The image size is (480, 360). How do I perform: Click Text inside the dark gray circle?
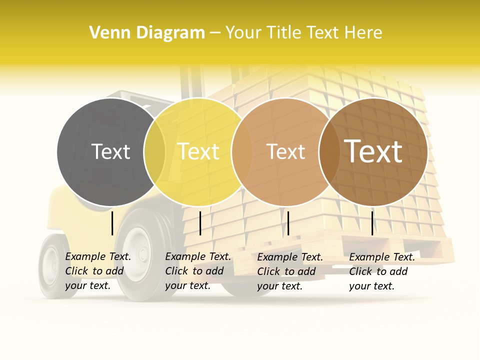(x=110, y=151)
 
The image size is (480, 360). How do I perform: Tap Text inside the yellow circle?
(x=198, y=151)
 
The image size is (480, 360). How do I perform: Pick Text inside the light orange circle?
(x=286, y=151)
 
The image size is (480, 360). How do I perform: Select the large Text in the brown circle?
(x=373, y=151)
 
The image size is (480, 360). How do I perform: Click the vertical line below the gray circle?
(x=112, y=223)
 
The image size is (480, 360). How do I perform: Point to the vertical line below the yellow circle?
(x=200, y=223)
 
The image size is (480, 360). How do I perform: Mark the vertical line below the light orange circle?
(x=288, y=223)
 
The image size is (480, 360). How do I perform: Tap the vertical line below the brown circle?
(x=372, y=223)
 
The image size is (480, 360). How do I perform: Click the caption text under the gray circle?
(x=98, y=271)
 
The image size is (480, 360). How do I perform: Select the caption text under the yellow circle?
(x=198, y=271)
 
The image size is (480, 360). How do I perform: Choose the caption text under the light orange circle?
(x=290, y=271)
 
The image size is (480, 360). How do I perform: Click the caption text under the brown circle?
(x=382, y=271)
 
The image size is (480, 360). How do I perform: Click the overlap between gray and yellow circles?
(x=154, y=151)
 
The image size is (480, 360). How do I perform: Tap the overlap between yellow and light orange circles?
(x=242, y=151)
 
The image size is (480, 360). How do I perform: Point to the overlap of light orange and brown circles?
(x=329, y=151)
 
